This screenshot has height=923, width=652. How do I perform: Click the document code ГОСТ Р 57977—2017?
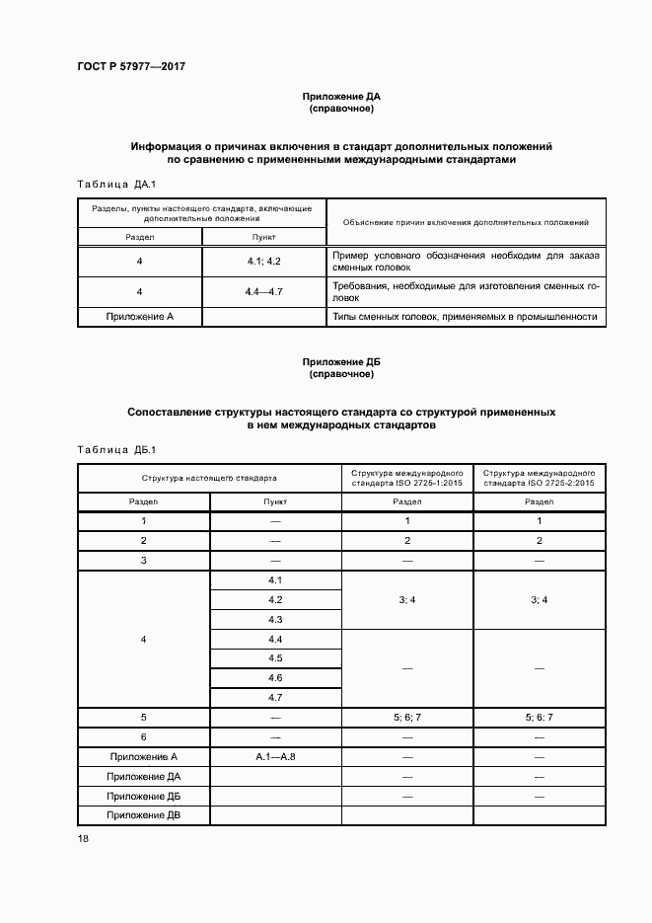131,66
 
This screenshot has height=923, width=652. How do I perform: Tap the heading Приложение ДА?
340,97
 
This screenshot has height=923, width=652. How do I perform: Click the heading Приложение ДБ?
340,362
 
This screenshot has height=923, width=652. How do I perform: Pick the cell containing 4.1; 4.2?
264,262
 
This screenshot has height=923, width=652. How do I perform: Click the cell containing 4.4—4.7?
264,292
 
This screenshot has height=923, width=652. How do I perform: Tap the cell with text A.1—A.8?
275,757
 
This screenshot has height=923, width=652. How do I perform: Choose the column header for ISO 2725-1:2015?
407,478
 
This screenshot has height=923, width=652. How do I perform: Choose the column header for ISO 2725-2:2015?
539,478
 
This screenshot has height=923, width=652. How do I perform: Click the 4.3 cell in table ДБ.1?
275,619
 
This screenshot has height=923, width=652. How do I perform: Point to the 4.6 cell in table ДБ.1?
275,678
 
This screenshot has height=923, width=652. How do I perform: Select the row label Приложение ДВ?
143,815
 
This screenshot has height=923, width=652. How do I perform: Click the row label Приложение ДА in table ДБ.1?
143,777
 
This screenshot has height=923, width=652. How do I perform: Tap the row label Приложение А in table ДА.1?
140,317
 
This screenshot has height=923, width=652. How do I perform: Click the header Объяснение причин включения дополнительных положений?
466,223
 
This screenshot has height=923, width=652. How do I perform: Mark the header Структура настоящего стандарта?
209,478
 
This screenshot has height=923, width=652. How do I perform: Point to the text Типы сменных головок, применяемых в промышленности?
466,317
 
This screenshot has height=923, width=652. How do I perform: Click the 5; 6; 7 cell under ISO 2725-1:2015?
407,718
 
